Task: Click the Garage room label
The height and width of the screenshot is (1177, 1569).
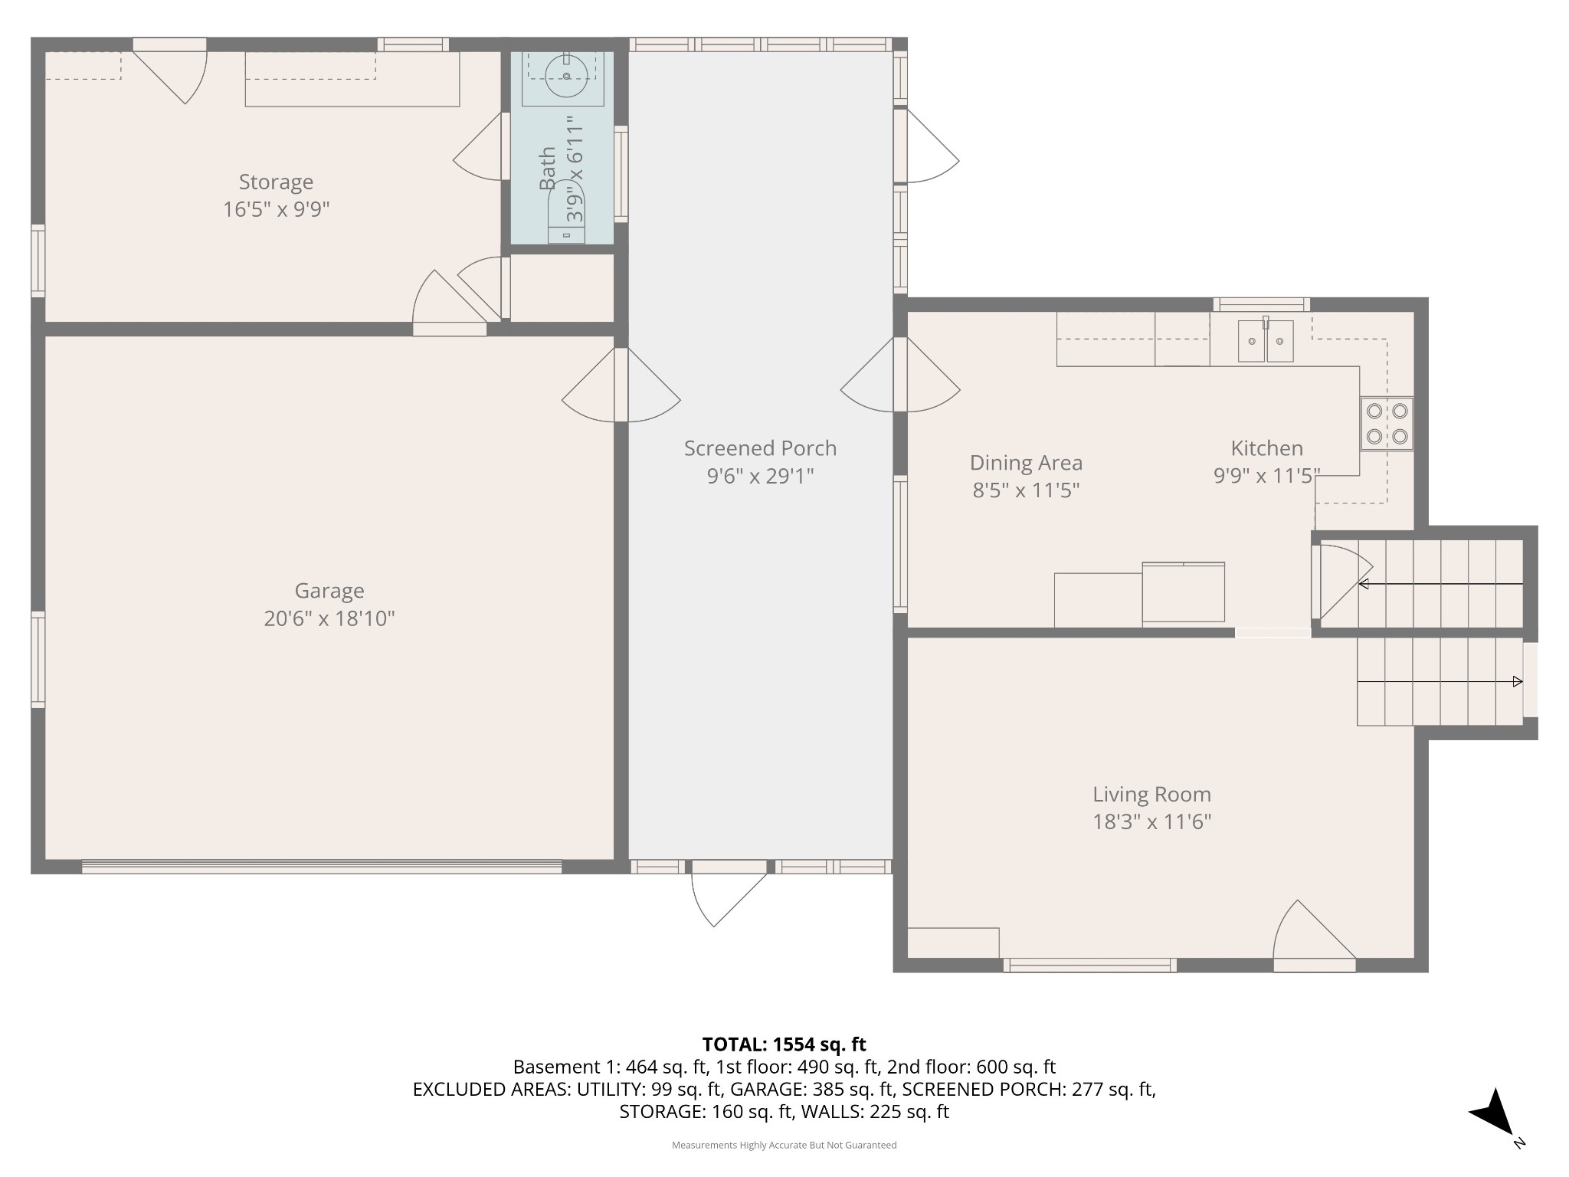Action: tap(329, 591)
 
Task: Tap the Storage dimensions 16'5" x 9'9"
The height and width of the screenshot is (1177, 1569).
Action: tap(276, 209)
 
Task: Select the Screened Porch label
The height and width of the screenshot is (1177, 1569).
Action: tap(760, 448)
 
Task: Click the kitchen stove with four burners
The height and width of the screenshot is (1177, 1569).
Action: tap(1387, 423)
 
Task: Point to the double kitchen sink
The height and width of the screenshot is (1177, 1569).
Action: tap(1266, 341)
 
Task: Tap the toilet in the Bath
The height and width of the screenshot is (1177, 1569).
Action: tap(566, 211)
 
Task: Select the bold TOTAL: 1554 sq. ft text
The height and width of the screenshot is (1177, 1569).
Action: tap(784, 1044)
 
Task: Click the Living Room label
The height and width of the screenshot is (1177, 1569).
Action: tap(1151, 795)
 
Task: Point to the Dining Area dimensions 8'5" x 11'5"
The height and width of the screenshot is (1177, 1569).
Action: tap(1026, 490)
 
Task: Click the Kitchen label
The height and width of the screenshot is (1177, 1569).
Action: tap(1266, 448)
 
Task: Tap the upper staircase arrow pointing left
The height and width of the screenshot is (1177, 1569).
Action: tap(1441, 585)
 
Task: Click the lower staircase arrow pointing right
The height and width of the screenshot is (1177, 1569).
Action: tap(1440, 681)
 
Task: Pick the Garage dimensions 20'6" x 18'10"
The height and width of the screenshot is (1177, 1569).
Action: tap(329, 618)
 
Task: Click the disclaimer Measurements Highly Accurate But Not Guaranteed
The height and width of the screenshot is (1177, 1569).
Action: tap(784, 1145)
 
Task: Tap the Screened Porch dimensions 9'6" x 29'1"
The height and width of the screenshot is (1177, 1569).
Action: tap(760, 477)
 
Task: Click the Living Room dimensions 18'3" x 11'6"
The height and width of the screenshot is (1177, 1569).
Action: tap(1151, 822)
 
